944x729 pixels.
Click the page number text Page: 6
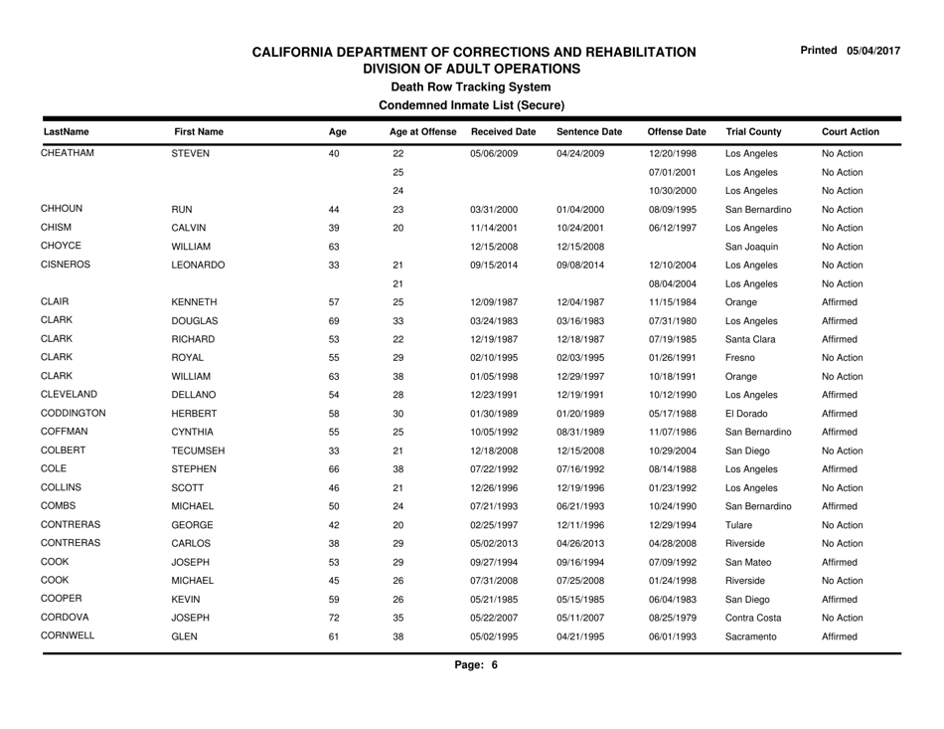pos(471,693)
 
